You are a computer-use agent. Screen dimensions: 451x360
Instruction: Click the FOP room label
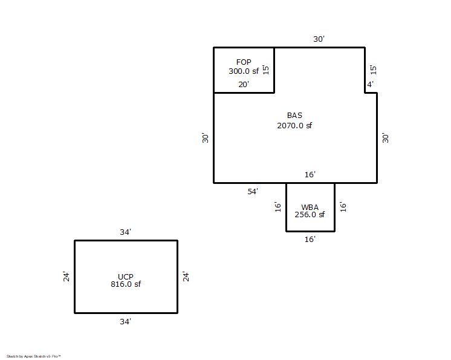coord(244,62)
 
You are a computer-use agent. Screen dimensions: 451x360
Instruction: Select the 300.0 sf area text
coord(244,71)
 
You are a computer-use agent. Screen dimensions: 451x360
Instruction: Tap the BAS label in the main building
coord(294,116)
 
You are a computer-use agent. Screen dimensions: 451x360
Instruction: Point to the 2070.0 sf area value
coord(294,125)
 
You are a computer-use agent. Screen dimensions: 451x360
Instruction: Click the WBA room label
coord(310,207)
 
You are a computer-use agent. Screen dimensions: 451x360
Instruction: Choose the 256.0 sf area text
coord(310,215)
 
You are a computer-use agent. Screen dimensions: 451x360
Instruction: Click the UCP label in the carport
coord(126,277)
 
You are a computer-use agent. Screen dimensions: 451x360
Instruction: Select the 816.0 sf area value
coord(126,284)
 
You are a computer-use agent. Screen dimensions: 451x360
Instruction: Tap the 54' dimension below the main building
coord(253,192)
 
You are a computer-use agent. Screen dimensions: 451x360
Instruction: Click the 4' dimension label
coord(370,84)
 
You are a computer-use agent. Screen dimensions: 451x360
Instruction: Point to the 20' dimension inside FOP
coord(243,85)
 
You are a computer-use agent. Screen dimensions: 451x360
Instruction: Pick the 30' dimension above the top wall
coord(319,39)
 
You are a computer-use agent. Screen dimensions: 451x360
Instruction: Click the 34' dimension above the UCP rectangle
coord(125,232)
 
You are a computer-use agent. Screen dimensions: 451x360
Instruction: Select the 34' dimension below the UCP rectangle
coord(125,322)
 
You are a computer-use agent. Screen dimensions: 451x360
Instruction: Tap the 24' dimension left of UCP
coord(66,277)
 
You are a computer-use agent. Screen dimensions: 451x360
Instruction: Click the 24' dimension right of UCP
coord(186,277)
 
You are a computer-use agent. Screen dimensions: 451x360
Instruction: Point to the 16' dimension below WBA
coord(310,240)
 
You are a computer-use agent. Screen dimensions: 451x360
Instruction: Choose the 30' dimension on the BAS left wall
coord(205,138)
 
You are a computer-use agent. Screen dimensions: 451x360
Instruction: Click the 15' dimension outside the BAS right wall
coord(373,70)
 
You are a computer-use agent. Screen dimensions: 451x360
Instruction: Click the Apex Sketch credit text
coord(34,356)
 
